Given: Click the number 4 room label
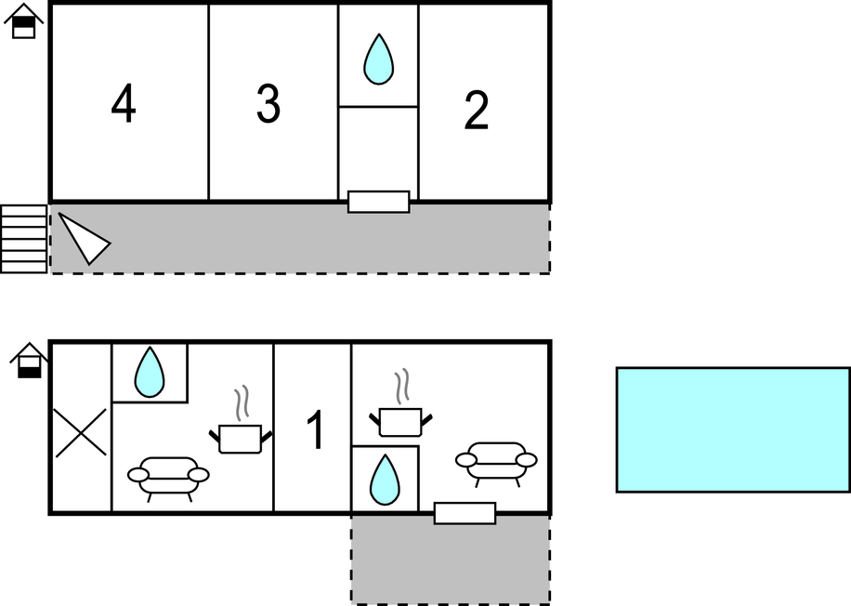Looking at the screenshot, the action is (x=124, y=103).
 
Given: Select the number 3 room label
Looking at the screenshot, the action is (x=268, y=103).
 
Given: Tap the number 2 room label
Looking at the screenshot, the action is (x=476, y=111).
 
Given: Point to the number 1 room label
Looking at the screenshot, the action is (x=316, y=430).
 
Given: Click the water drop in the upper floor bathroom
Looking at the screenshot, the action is (x=378, y=59).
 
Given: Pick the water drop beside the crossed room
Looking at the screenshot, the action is (x=150, y=373).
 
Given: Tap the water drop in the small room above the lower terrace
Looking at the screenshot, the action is (x=385, y=480).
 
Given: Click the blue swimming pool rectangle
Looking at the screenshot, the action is (x=733, y=430).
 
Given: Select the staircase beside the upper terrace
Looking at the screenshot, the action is (x=24, y=239).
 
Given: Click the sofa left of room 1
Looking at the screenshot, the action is (x=168, y=478).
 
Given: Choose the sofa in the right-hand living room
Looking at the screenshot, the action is (x=496, y=463).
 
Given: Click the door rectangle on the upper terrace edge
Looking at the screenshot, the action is (x=378, y=202).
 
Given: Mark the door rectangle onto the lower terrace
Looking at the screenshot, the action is (x=465, y=514).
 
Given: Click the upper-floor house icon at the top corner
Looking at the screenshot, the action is (x=23, y=20).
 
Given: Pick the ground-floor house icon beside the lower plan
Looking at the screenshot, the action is (x=30, y=361).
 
